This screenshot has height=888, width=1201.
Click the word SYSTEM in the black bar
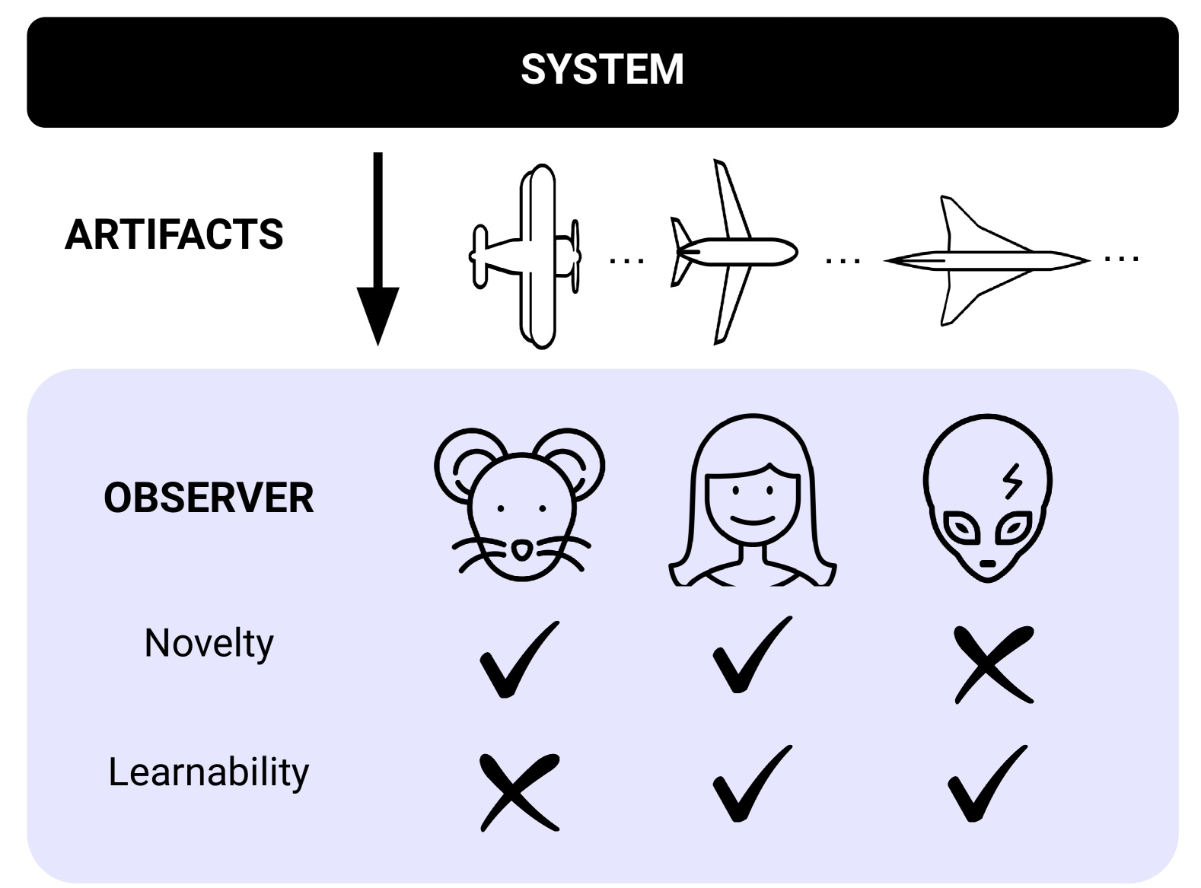pyautogui.click(x=602, y=69)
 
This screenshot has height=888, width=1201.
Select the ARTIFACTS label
pyautogui.click(x=174, y=234)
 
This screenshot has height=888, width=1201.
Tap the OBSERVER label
pyautogui.click(x=209, y=498)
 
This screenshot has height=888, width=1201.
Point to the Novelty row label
pyautogui.click(x=209, y=644)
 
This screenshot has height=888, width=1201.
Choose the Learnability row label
pyautogui.click(x=209, y=772)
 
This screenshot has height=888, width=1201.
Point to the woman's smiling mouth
pyautogui.click(x=753, y=521)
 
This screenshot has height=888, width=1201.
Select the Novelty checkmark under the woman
pyautogui.click(x=750, y=657)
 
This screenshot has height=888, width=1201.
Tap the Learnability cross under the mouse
pyautogui.click(x=519, y=791)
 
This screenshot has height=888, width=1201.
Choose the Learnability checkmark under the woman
pyautogui.click(x=750, y=785)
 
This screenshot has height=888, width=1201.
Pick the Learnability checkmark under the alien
pyautogui.click(x=986, y=785)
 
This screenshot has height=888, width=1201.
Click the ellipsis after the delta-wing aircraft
pyautogui.click(x=1121, y=259)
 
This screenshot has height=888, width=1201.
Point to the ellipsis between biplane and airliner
pyautogui.click(x=626, y=261)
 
